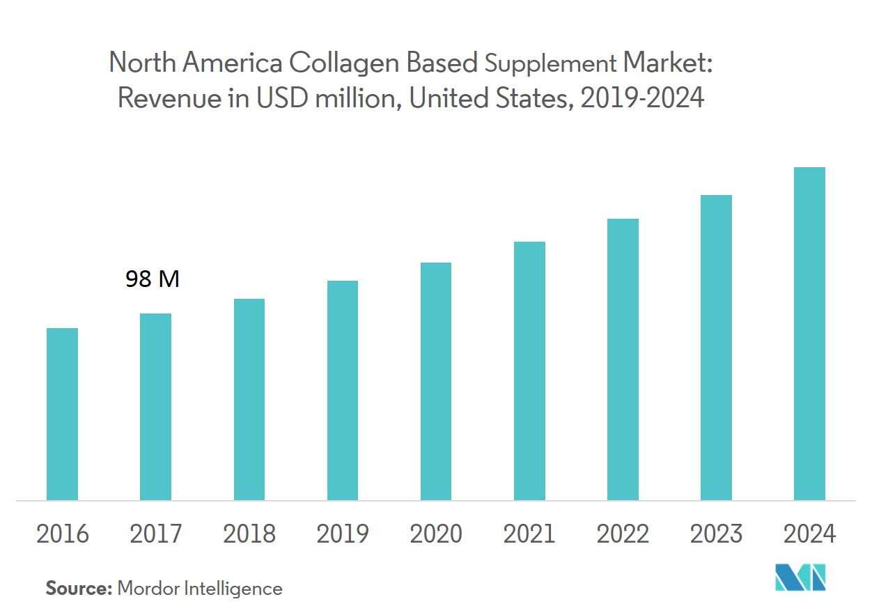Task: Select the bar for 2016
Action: [62, 414]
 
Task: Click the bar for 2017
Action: [155, 407]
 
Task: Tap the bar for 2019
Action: [343, 390]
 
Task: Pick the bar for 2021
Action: [529, 371]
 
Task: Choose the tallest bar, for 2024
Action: [809, 334]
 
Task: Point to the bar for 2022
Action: [623, 359]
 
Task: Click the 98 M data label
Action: [153, 279]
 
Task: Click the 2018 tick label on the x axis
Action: [249, 534]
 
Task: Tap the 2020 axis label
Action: [436, 534]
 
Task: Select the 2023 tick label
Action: [716, 534]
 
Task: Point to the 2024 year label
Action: [809, 534]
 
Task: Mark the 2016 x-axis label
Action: [63, 534]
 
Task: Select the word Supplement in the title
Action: [550, 65]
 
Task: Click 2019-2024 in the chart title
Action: [642, 98]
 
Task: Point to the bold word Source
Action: [79, 589]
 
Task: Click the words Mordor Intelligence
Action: [200, 589]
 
